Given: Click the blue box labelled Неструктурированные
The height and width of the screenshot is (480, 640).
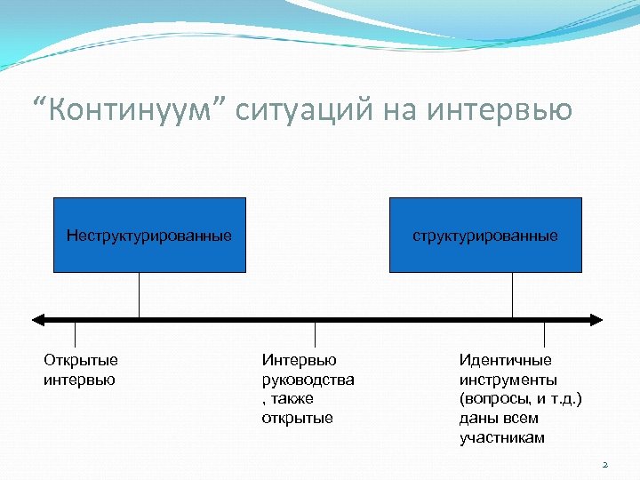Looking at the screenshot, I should tap(149, 235).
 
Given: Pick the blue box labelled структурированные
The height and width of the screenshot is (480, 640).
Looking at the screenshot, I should tap(485, 235).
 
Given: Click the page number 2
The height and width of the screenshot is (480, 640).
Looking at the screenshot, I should tap(604, 464).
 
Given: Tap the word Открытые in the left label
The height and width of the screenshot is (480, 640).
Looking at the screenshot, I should tap(81, 360).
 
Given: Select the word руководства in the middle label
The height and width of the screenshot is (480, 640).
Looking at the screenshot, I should tap(308, 380).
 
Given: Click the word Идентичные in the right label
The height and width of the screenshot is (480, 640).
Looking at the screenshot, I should tap(505, 360).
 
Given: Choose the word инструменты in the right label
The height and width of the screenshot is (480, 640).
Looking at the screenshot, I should tap(508, 380).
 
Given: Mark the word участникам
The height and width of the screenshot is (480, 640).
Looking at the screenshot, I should tap(502, 438).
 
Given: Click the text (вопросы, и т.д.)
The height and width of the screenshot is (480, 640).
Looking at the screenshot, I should tap(520, 399).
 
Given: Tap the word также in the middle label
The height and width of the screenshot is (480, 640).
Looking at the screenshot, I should tap(294, 399).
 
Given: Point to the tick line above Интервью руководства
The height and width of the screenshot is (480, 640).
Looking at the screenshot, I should tap(316, 333).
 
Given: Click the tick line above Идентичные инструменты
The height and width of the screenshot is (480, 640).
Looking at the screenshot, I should tap(544, 333).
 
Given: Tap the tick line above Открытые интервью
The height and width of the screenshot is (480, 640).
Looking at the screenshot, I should tap(75, 333).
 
